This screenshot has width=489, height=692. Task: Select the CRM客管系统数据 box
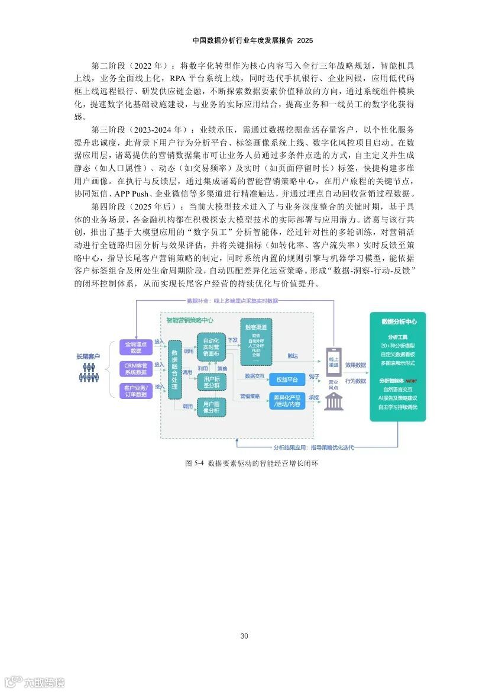click(x=135, y=368)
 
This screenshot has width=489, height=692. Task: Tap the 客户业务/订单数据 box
click(x=135, y=390)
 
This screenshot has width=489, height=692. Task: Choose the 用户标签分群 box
click(x=211, y=382)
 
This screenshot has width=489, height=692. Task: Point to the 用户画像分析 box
click(x=211, y=407)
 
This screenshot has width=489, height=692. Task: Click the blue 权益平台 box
click(x=287, y=379)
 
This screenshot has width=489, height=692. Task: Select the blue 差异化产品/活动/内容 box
click(x=287, y=400)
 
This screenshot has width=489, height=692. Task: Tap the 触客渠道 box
click(x=256, y=343)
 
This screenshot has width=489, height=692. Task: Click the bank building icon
click(x=333, y=401)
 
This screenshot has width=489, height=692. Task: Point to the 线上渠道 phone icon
click(x=333, y=362)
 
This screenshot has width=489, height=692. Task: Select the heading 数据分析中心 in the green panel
click(x=399, y=321)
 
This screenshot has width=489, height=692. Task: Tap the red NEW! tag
click(x=410, y=381)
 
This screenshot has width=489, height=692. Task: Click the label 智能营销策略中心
click(x=190, y=320)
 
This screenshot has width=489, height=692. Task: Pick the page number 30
click(x=244, y=636)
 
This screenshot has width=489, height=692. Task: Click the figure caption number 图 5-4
click(x=195, y=463)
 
